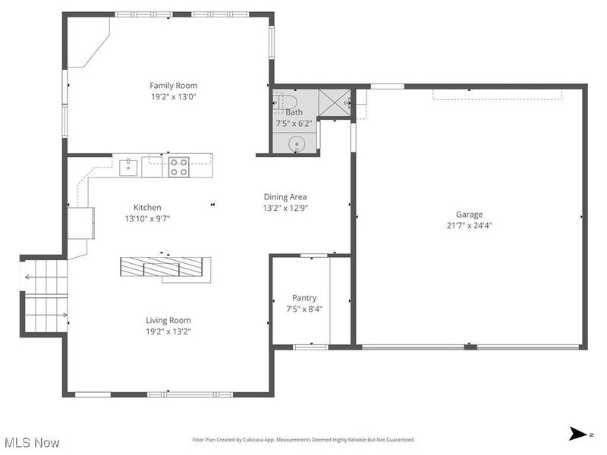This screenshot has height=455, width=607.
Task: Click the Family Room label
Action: point(173,86)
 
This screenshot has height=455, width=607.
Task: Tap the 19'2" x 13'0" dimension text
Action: point(173,97)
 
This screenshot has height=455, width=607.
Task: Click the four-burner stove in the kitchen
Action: point(178,166)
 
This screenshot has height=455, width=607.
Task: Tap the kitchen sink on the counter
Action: point(128,165)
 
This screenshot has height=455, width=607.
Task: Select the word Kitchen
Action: point(147,207)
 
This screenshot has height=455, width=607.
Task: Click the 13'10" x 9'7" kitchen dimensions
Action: point(147,218)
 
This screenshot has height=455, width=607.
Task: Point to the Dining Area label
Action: point(285,196)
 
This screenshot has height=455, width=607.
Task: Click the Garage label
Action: point(469,214)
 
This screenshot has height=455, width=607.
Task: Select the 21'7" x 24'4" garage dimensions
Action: point(469,225)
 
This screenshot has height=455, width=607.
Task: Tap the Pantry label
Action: point(304,298)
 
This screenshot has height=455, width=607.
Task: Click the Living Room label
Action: point(168,320)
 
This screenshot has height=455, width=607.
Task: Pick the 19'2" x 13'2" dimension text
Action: point(168,331)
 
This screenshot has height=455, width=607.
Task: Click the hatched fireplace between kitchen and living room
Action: point(163,267)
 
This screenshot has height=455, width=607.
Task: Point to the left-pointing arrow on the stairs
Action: point(29,277)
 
